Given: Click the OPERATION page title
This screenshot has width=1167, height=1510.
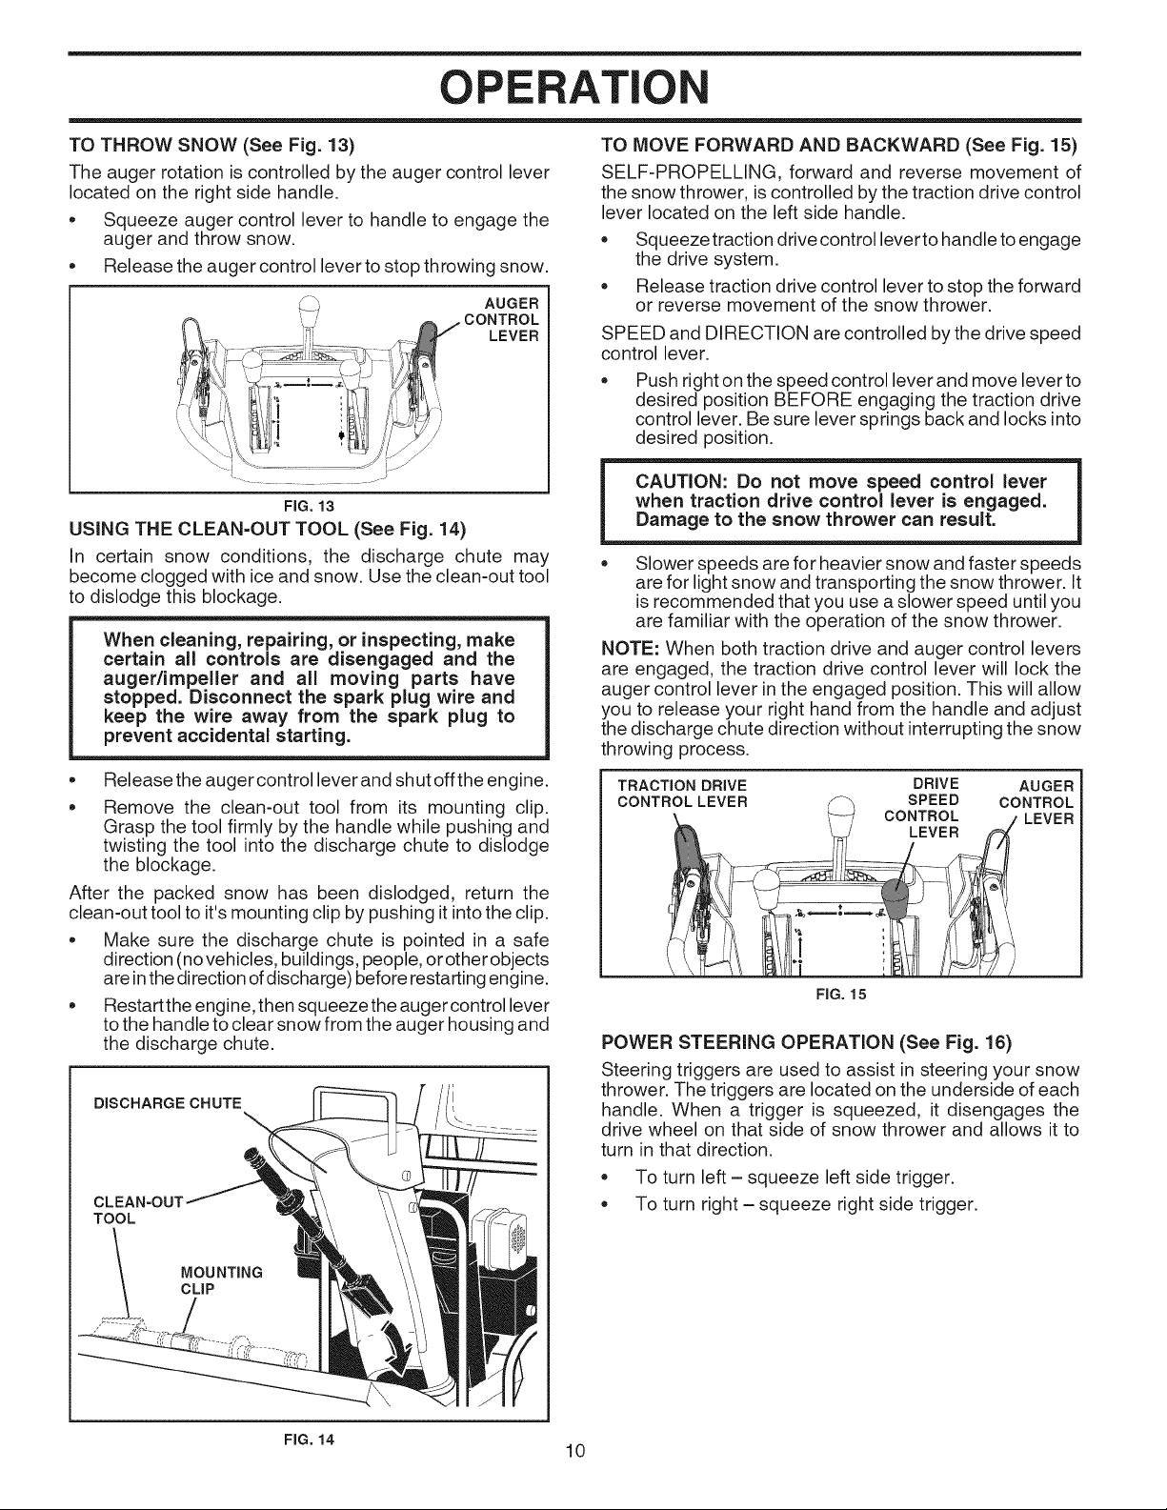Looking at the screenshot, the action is pos(575,88).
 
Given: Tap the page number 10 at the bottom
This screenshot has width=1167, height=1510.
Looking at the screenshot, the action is pos(575,1450).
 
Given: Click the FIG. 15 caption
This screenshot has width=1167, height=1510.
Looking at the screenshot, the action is pos(841,995).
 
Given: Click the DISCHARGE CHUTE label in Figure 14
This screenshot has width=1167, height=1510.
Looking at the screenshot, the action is pos(168,1103).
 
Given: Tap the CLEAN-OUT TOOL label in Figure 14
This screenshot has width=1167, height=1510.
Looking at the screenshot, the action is pos(137,1209).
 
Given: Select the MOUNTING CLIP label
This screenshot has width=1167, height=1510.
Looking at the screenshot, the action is pos(221,1280).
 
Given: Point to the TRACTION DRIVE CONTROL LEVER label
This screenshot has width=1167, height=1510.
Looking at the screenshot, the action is pos(682,793).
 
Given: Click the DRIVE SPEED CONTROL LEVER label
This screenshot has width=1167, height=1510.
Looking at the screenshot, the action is pos(922,808).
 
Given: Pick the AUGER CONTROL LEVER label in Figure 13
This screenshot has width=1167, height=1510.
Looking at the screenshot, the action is pos(501,320).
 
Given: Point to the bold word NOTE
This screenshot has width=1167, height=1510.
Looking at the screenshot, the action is pos(630,649).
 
